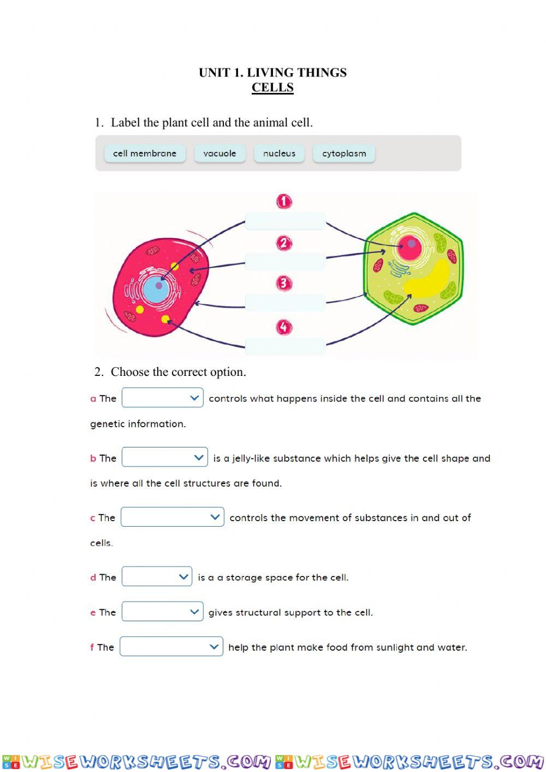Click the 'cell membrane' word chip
(x=145, y=154)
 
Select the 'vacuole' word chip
(x=219, y=154)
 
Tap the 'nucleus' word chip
(x=279, y=154)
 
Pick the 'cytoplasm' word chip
(x=344, y=154)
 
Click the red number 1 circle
(x=284, y=202)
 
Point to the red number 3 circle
(x=284, y=283)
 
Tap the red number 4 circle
(x=284, y=327)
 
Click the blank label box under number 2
(x=285, y=262)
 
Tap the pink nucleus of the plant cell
(x=410, y=247)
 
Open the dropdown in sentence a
(x=163, y=398)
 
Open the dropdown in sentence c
(x=173, y=517)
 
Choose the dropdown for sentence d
(x=157, y=576)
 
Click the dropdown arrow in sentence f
(x=213, y=646)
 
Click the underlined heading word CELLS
(x=272, y=87)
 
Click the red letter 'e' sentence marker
(x=93, y=612)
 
